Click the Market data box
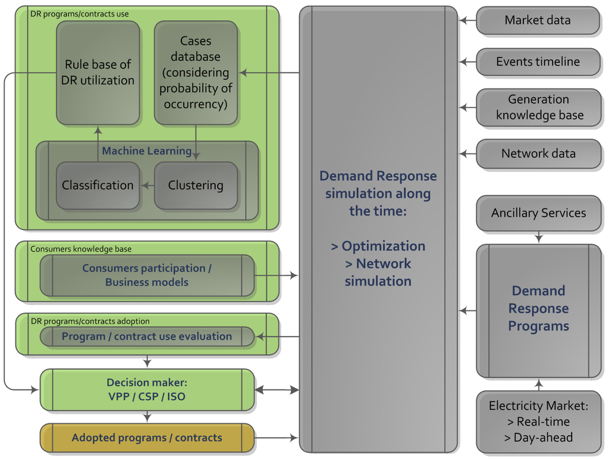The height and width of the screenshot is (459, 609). (538, 20)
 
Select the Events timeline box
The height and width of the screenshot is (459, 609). (538, 61)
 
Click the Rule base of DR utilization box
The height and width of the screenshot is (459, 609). (98, 73)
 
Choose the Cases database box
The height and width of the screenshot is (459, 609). (196, 73)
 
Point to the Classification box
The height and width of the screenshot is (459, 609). (98, 186)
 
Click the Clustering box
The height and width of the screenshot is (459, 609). (196, 186)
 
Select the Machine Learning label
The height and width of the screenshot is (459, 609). (146, 151)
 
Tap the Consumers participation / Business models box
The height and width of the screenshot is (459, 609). (147, 275)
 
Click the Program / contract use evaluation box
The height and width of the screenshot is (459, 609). (147, 337)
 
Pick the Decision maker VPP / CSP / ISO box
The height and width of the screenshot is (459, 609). (147, 389)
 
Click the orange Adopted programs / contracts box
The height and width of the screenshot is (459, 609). (147, 438)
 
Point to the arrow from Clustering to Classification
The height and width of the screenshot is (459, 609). (147, 186)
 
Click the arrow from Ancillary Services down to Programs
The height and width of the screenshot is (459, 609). (539, 237)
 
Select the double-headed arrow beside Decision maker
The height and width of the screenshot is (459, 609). (277, 390)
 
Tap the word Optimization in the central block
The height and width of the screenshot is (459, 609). (383, 246)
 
